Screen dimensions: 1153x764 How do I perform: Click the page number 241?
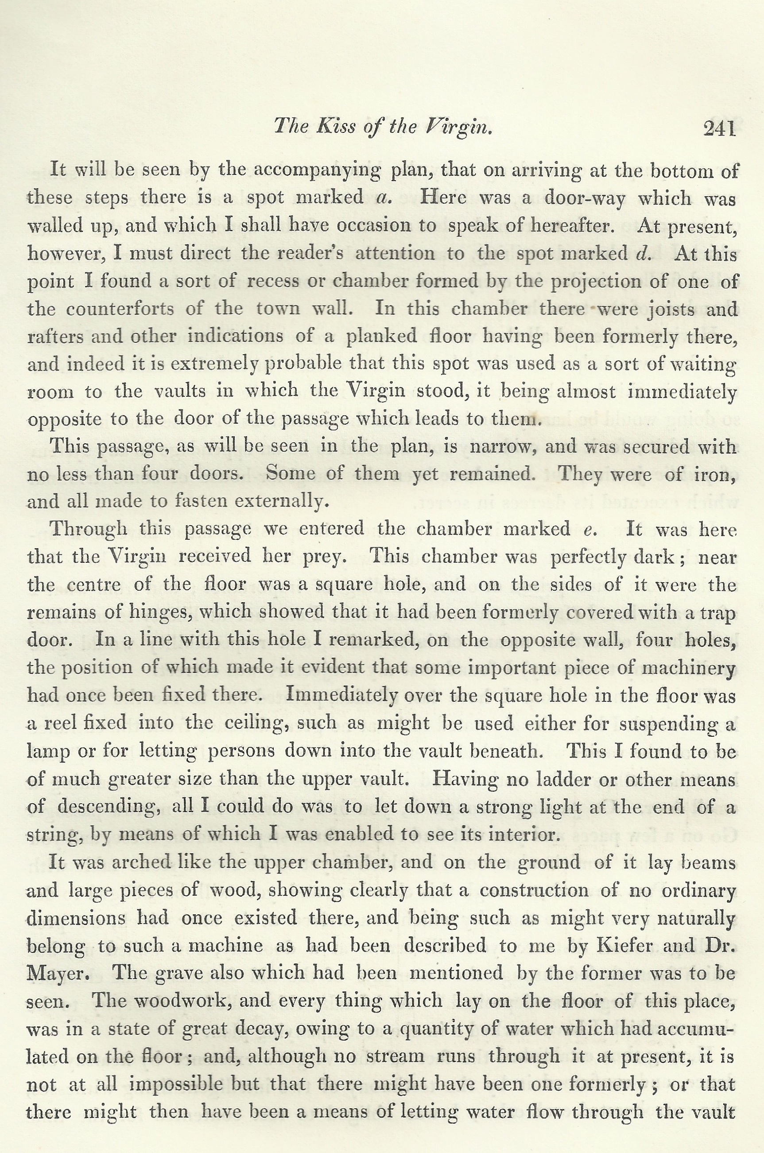(x=719, y=129)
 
